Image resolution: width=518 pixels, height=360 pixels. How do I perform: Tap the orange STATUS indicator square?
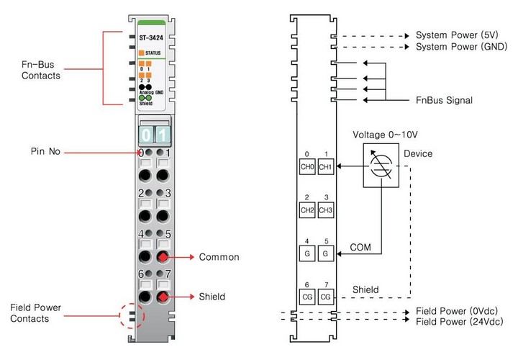point(141,52)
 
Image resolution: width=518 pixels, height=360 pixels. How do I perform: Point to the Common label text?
point(219,256)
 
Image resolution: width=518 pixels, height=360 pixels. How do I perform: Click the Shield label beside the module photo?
point(212,296)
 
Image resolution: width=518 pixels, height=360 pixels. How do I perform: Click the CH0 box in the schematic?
point(307,166)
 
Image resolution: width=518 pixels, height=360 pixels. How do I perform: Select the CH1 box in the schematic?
point(325,166)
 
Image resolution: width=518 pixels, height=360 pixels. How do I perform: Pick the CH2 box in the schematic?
point(307,210)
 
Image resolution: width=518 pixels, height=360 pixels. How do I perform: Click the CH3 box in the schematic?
point(325,210)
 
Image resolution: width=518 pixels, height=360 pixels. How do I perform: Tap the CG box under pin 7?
point(325,296)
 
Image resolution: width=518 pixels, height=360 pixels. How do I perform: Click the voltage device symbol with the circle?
point(381,166)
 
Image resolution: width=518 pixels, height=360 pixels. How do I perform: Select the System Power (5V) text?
point(455,35)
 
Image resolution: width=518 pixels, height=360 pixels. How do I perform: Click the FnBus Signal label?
point(445,100)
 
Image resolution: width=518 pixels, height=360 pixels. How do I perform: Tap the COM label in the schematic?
point(360,246)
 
